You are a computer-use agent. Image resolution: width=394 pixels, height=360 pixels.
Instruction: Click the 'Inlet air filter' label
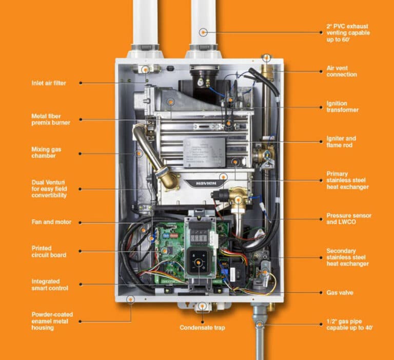click(49, 83)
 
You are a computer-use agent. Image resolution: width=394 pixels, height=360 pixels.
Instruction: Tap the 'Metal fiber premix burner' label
click(50, 119)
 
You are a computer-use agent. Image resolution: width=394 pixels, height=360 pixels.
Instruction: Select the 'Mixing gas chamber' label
click(47, 153)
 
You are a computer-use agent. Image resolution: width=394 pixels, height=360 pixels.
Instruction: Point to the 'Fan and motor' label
click(51, 222)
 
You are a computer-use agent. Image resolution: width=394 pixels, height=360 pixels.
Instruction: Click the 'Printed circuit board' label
click(49, 251)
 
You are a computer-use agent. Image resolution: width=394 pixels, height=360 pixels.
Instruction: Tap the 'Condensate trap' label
click(202, 328)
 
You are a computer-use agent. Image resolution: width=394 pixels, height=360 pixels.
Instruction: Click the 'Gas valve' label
click(340, 293)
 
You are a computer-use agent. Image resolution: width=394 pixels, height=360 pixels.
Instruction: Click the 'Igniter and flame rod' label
click(341, 142)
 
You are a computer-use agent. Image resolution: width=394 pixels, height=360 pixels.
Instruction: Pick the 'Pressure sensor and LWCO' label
click(349, 219)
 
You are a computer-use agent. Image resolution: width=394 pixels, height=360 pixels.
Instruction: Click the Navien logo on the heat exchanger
click(202, 183)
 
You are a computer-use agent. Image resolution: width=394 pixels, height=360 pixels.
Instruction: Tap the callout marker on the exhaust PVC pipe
click(204, 32)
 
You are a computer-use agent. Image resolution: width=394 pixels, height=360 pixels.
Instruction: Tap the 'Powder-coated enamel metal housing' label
click(52, 321)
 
